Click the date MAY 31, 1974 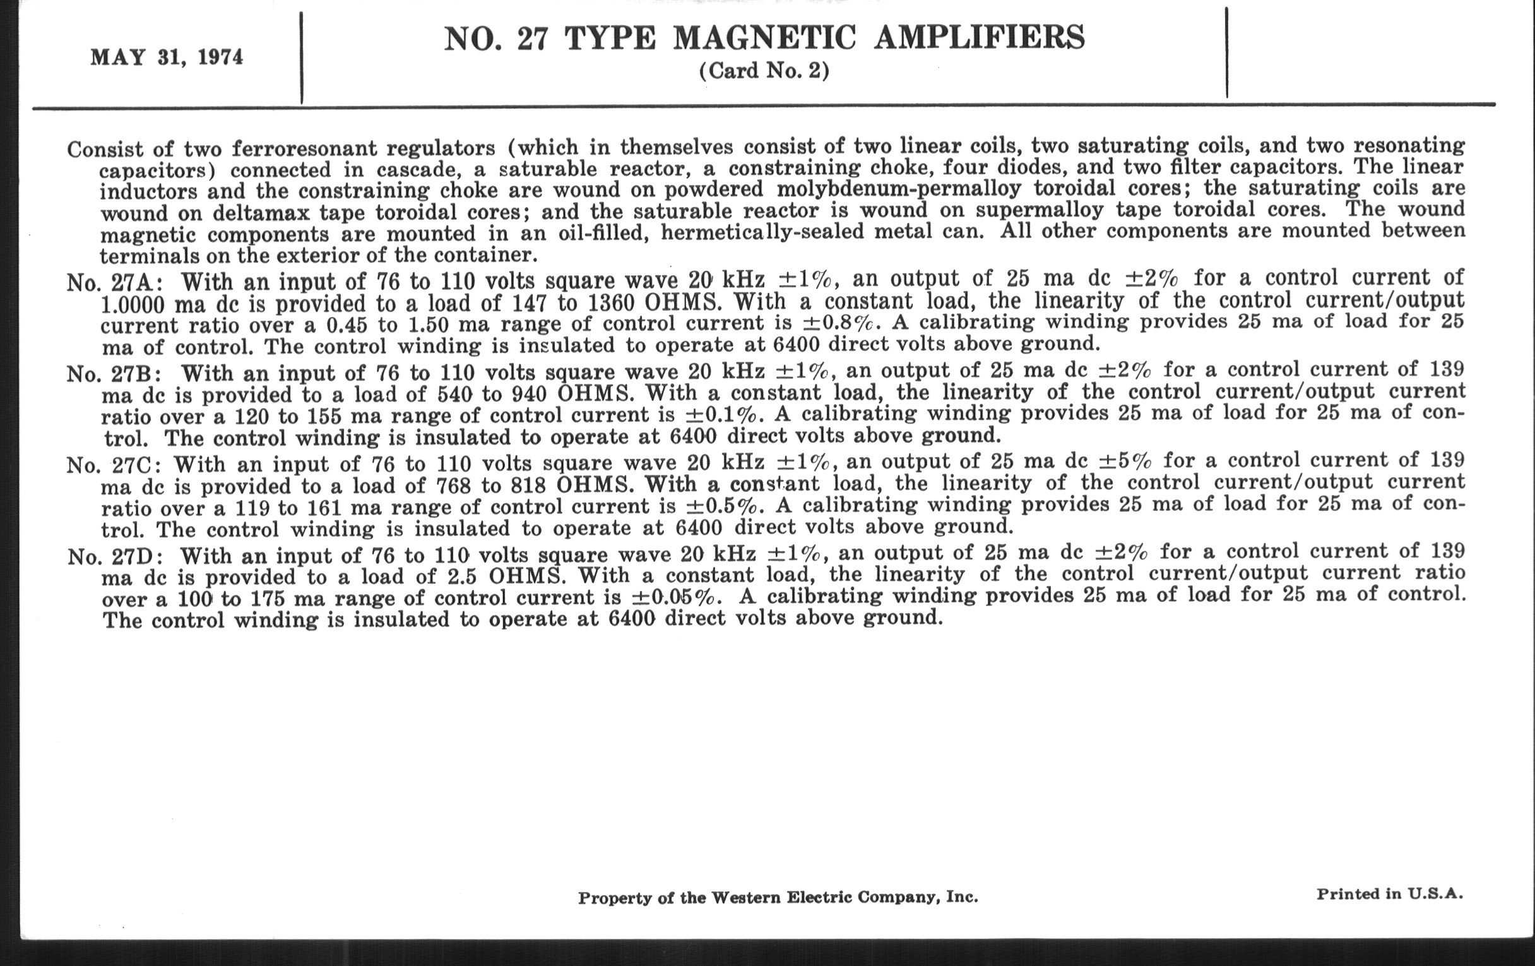coord(167,57)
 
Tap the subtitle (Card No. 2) coord(764,71)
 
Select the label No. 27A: coord(115,282)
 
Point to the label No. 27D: coord(116,557)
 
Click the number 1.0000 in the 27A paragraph coord(133,304)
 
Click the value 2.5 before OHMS coord(463,577)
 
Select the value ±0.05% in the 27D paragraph coord(677,598)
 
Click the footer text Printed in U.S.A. coord(1390,894)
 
